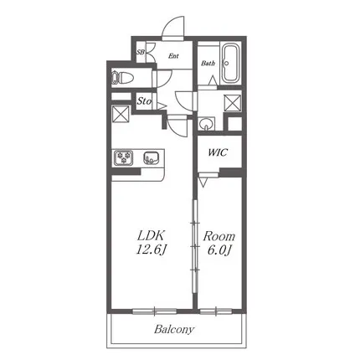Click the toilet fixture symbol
point(121,78)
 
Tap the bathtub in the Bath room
point(230,64)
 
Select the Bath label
point(208,64)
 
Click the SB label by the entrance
point(141,52)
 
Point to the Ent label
point(173,56)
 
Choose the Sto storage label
point(144,101)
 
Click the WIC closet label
point(218,152)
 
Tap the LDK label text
point(150,236)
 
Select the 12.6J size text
point(152,250)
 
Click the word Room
point(219,236)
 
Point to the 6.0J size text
point(219,250)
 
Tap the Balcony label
point(174,329)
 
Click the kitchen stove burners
point(123,157)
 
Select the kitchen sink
point(152,158)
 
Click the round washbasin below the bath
point(207,123)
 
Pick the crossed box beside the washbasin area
point(233,103)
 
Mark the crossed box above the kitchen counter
point(121,114)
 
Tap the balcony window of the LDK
point(155,311)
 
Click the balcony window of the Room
point(216,311)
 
